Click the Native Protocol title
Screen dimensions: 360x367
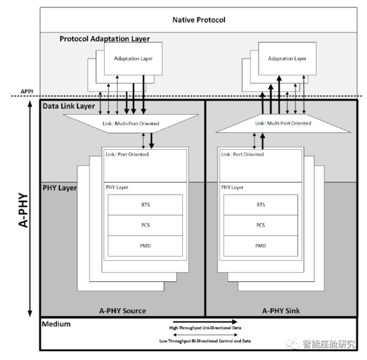tap(200, 19)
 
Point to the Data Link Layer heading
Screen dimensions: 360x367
tap(68, 106)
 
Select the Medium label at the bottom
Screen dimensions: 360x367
tap(57, 325)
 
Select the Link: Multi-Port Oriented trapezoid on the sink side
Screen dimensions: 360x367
tap(284, 123)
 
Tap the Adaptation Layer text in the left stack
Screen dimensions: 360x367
tap(133, 59)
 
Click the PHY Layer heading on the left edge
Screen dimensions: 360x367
tap(59, 189)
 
